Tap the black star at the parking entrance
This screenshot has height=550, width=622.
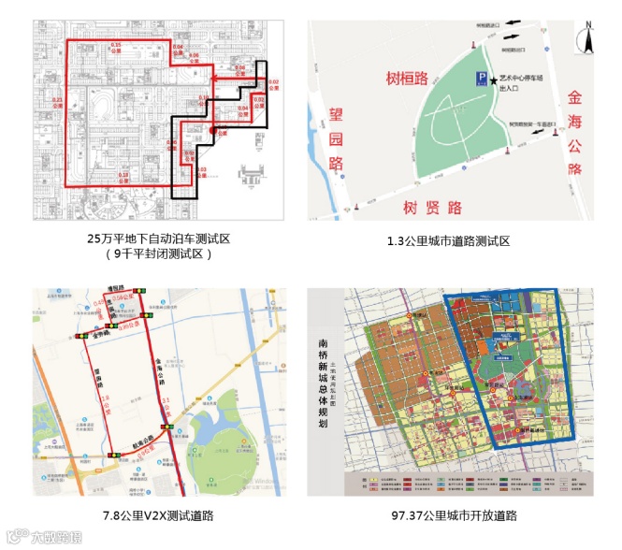493,80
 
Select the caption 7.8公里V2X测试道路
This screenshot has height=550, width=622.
158,514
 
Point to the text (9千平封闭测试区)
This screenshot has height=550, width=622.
158,253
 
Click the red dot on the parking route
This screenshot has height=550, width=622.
214,130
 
